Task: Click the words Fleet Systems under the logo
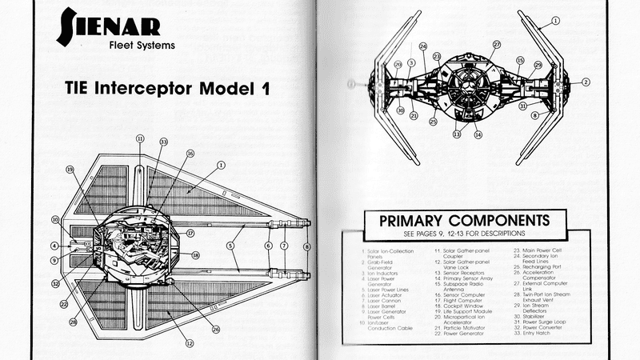[x=141, y=45]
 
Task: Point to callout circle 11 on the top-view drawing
[x=140, y=138]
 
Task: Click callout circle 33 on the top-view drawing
[x=163, y=142]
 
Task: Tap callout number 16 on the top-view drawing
[x=190, y=153]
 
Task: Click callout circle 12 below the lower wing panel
[x=190, y=344]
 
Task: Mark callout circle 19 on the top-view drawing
[x=70, y=170]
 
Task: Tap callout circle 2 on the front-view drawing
[x=585, y=82]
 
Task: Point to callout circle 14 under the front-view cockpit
[x=478, y=134]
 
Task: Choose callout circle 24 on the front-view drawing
[x=423, y=46]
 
